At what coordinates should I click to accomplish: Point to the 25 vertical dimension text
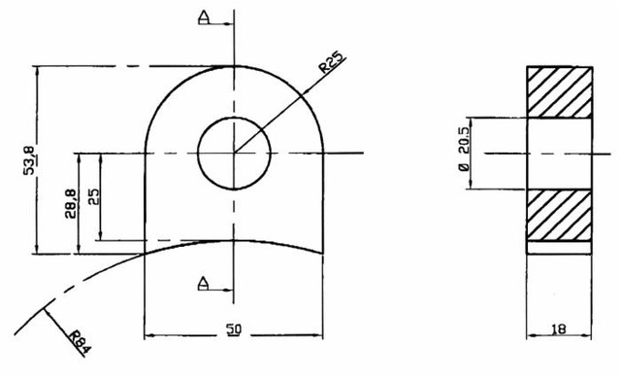coord(93,196)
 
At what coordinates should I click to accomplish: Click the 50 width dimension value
coord(233,330)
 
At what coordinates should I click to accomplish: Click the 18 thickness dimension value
coord(558,330)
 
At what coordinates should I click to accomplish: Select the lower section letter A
coord(203,283)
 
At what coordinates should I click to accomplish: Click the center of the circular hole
coord(233,154)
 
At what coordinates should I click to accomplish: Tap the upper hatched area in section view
coord(558,92)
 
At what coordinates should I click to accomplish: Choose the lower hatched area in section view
coord(558,215)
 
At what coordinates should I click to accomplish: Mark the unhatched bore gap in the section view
coord(558,154)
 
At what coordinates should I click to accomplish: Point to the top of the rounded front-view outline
coord(233,66)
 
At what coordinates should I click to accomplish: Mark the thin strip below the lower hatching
coord(558,247)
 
